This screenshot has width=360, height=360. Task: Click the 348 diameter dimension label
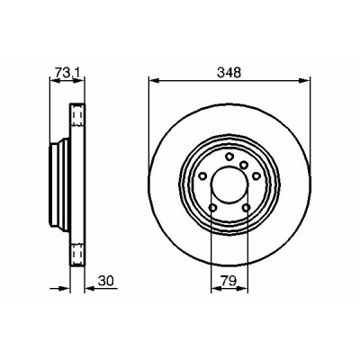(x=229, y=73)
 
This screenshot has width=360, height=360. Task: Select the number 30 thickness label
(x=106, y=281)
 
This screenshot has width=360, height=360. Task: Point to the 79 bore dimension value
(x=229, y=281)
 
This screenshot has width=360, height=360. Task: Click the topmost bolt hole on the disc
(x=229, y=157)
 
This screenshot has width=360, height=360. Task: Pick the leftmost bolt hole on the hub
(x=203, y=175)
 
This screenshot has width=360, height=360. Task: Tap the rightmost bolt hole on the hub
(x=256, y=175)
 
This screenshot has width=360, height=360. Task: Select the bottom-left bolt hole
(x=213, y=207)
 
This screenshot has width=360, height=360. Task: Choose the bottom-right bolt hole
(x=247, y=207)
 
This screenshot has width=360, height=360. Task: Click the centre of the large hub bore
(x=229, y=184)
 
